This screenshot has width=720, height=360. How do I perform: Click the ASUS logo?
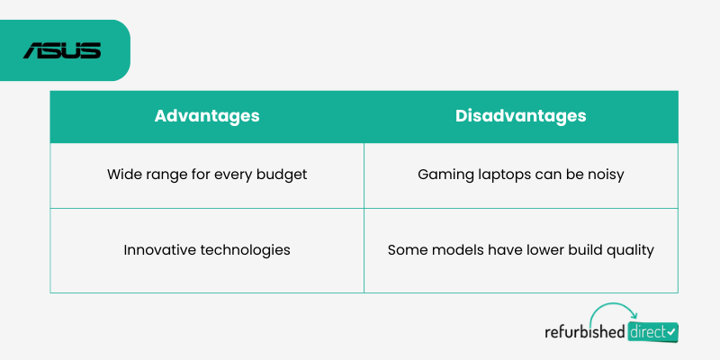pos(62,50)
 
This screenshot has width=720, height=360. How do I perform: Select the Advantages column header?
pos(207,116)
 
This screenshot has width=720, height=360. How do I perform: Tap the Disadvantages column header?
pos(521,116)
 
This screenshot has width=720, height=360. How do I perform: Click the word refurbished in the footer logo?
pos(584,331)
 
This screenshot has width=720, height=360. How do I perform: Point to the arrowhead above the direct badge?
pos(634,315)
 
